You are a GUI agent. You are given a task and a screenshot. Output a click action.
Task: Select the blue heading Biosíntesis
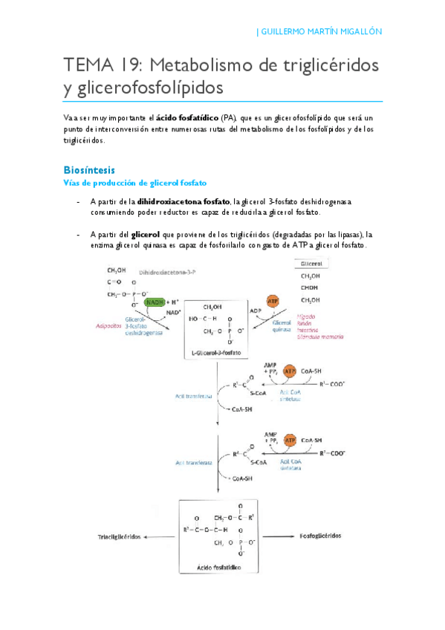pyautogui.click(x=89, y=169)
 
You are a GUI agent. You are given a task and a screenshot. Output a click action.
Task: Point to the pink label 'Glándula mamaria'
pyautogui.click(x=320, y=337)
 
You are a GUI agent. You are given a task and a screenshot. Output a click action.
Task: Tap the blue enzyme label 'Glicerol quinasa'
pyautogui.click(x=283, y=328)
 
